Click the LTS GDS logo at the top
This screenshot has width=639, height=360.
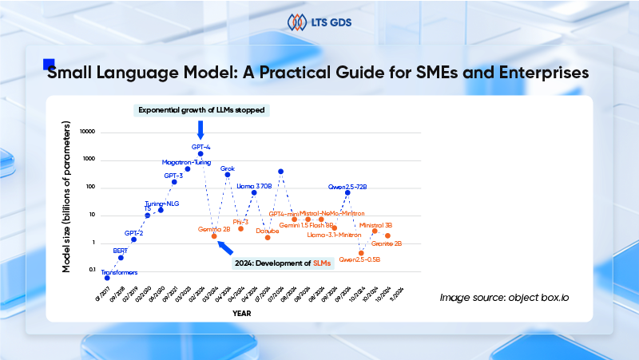(x=319, y=22)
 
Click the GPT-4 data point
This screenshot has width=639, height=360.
(x=200, y=153)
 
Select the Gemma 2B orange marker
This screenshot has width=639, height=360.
(x=214, y=236)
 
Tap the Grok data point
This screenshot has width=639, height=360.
(x=228, y=175)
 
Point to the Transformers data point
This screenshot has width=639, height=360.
(x=107, y=278)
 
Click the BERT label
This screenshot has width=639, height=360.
(x=121, y=251)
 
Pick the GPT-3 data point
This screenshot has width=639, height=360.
(x=174, y=182)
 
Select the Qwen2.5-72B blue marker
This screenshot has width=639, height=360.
(x=347, y=192)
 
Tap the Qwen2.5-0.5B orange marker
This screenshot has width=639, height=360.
(x=361, y=252)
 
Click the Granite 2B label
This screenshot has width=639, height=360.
(x=387, y=243)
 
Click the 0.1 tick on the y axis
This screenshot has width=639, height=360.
(x=90, y=270)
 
